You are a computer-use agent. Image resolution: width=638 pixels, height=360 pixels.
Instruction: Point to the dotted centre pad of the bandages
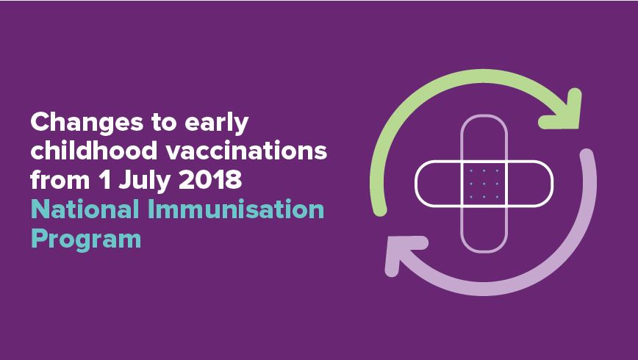484,183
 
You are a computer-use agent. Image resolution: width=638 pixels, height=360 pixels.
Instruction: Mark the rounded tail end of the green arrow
379,211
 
